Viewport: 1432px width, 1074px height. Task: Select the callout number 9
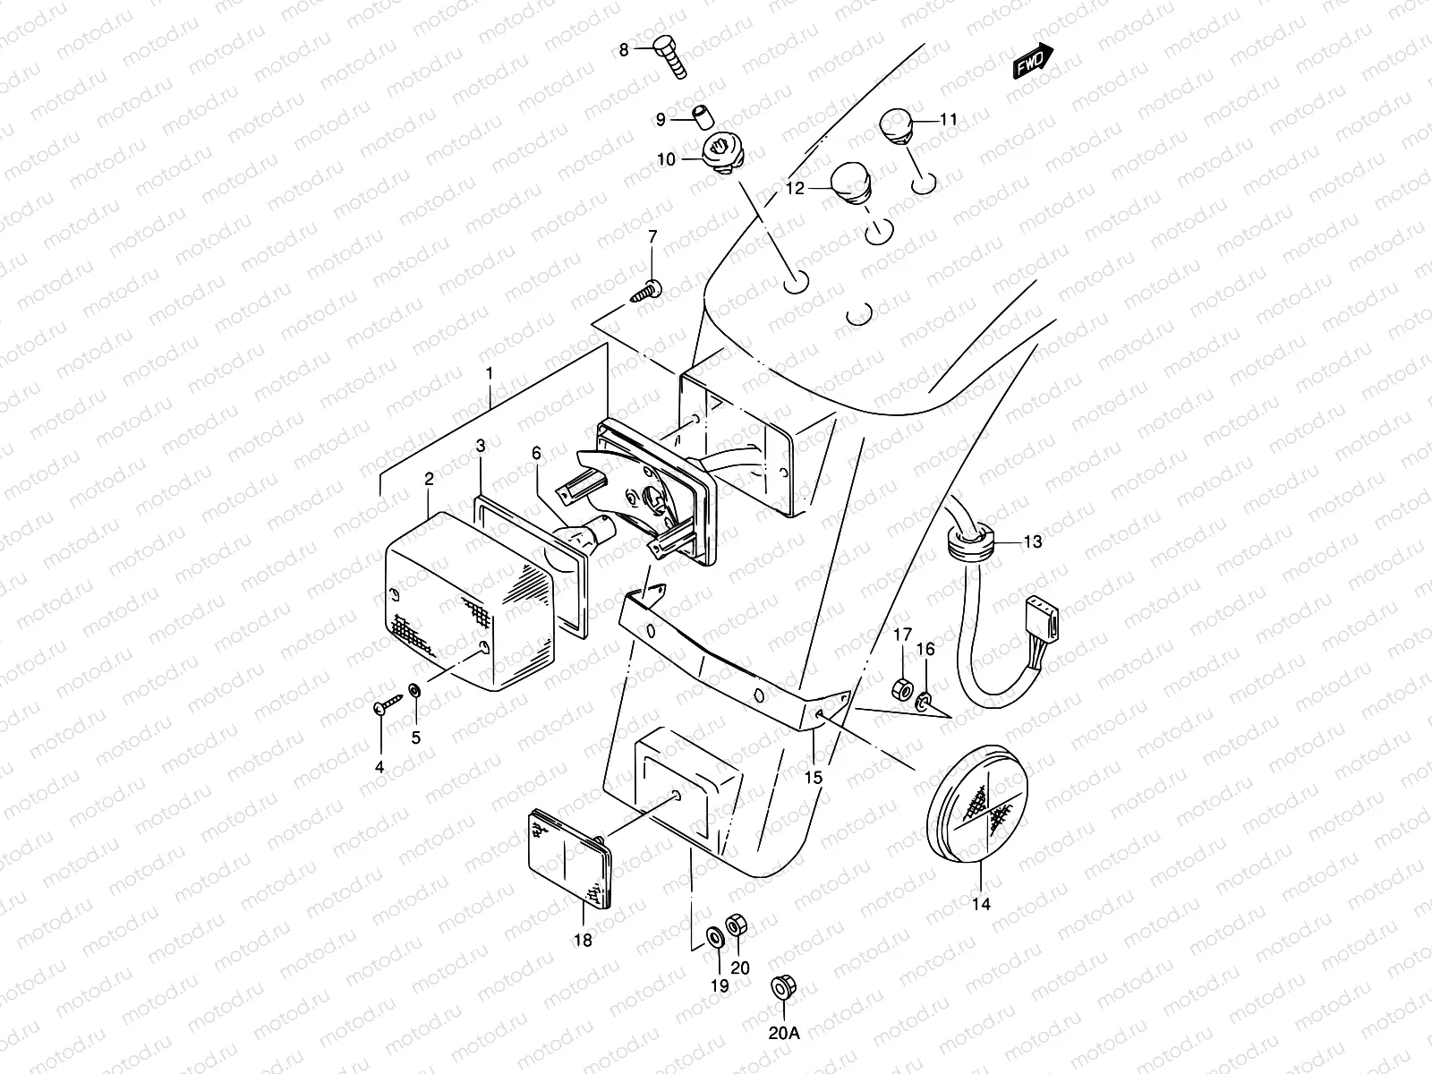click(661, 119)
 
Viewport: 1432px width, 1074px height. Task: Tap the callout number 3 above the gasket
click(481, 445)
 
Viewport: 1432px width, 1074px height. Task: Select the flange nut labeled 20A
click(783, 989)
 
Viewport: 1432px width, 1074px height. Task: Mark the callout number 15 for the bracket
click(813, 778)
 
